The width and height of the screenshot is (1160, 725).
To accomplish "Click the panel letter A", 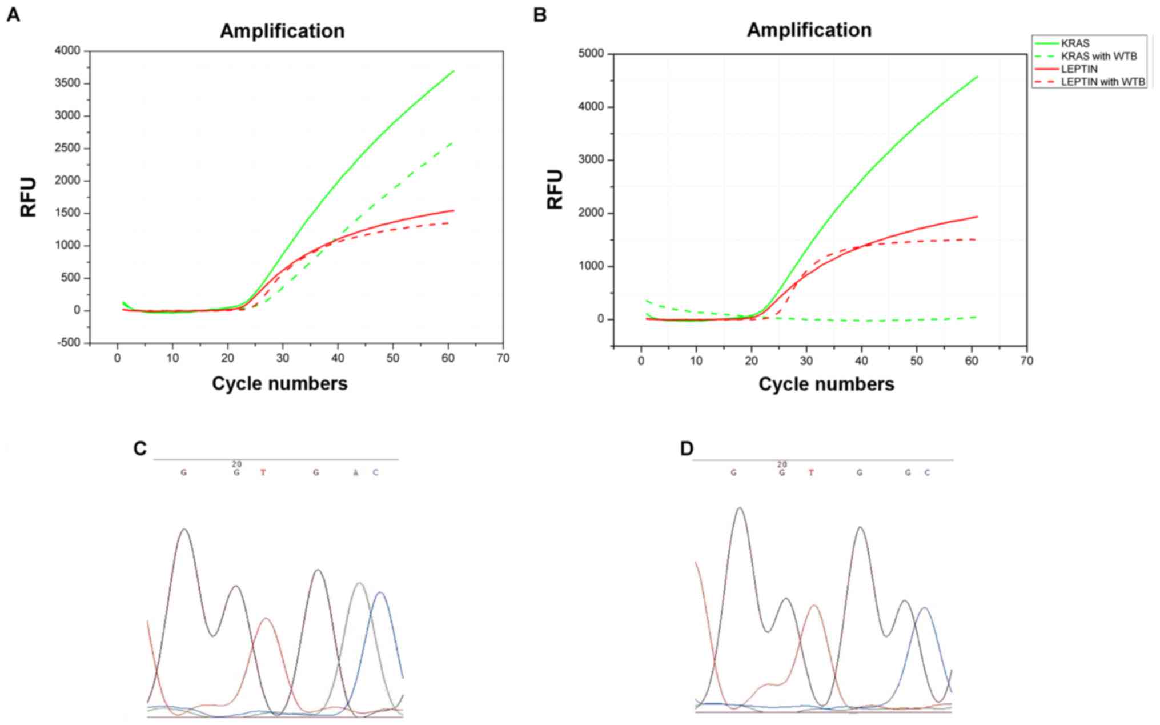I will pyautogui.click(x=13, y=15).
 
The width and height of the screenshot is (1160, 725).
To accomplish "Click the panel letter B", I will pyautogui.click(x=540, y=15).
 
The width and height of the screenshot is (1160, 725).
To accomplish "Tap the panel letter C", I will pyautogui.click(x=140, y=449).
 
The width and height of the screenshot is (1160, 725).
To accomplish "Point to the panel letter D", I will pyautogui.click(x=687, y=449).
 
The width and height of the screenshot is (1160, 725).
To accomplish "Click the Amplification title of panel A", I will pyautogui.click(x=282, y=31).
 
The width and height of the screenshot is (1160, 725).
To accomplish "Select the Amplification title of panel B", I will pyautogui.click(x=809, y=30).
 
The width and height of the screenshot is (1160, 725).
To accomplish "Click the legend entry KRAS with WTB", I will pyautogui.click(x=1098, y=56).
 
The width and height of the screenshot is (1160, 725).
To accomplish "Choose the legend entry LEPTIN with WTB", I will pyautogui.click(x=1102, y=82).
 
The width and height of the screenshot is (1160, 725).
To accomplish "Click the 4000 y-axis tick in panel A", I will pyautogui.click(x=67, y=51).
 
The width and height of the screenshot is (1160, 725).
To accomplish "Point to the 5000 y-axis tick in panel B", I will pyautogui.click(x=592, y=54).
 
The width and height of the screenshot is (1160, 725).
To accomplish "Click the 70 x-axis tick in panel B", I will pyautogui.click(x=1026, y=361).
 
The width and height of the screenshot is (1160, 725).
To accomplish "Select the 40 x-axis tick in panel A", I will pyautogui.click(x=338, y=358).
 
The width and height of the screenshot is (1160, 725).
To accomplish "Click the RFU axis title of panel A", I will pyautogui.click(x=28, y=197).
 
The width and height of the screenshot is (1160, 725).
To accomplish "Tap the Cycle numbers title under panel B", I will pyautogui.click(x=826, y=384).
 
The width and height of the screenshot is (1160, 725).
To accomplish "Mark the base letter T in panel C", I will pyautogui.click(x=263, y=472).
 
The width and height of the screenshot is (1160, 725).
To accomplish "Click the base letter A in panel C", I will pyautogui.click(x=355, y=472).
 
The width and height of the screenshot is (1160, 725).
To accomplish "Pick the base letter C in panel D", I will pyautogui.click(x=927, y=472).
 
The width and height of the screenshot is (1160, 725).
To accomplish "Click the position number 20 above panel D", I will pyautogui.click(x=782, y=464).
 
